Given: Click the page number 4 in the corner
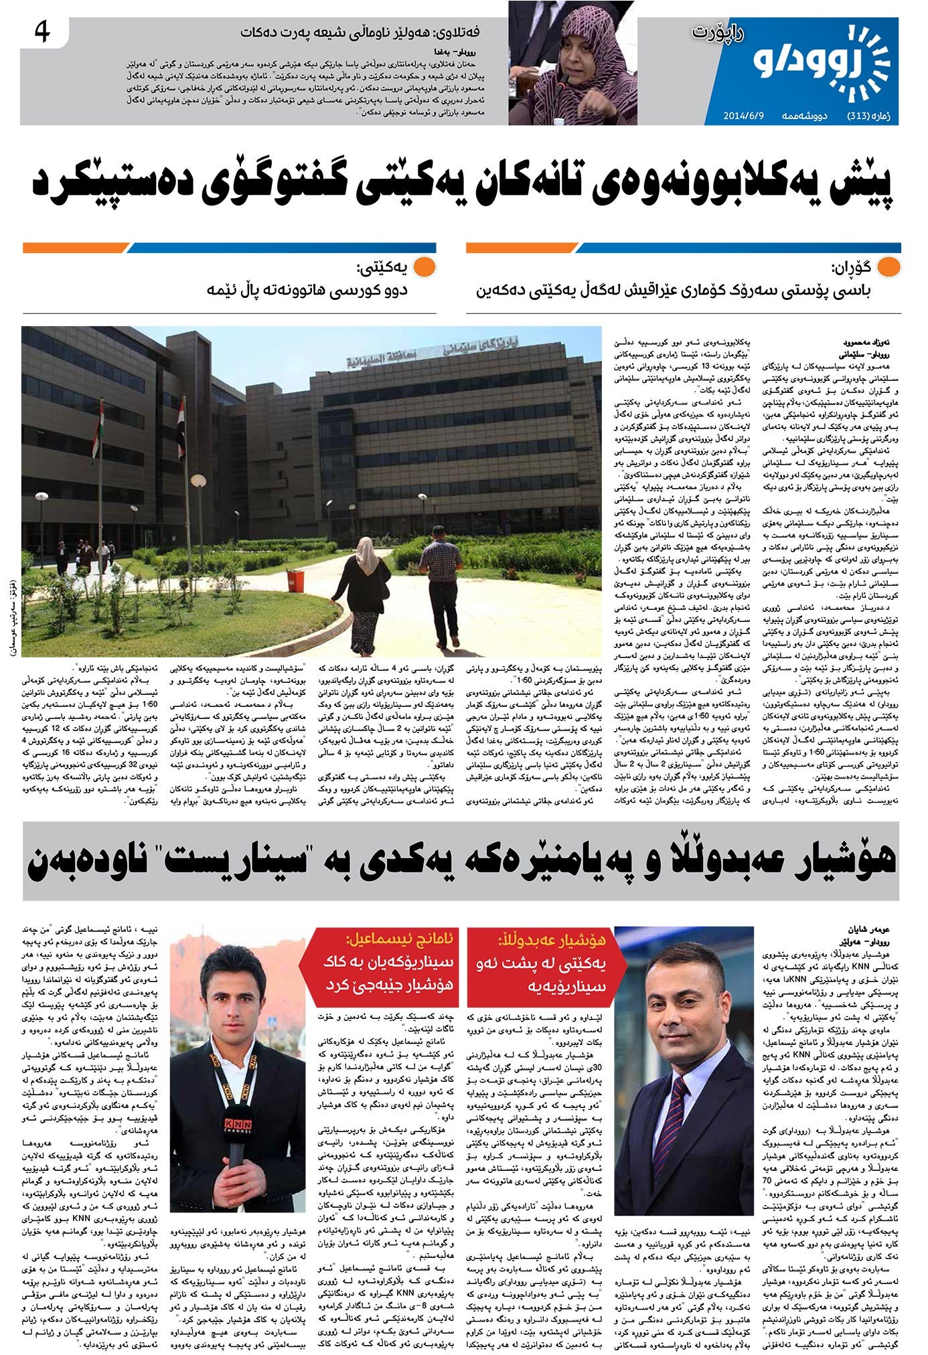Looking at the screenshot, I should click(42, 31).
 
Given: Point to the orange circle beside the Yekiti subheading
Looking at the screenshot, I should click(424, 268).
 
